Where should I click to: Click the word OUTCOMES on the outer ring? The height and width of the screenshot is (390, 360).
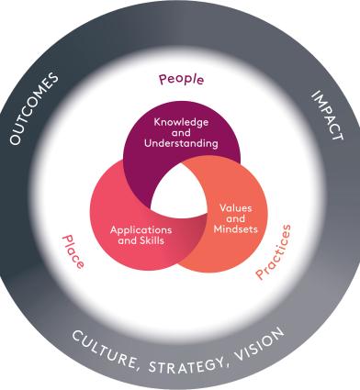point(34,108)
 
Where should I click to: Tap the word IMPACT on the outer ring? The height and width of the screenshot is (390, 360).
point(326,114)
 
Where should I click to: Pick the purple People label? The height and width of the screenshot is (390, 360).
point(180,80)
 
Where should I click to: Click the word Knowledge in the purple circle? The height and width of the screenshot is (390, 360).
point(181,121)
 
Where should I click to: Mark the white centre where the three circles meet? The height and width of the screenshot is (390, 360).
point(180,195)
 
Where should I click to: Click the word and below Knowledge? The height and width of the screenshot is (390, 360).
point(181,132)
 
